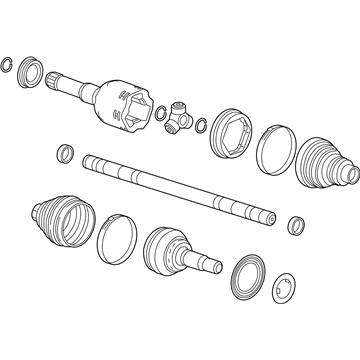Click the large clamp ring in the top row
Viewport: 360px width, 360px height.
point(275,148)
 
